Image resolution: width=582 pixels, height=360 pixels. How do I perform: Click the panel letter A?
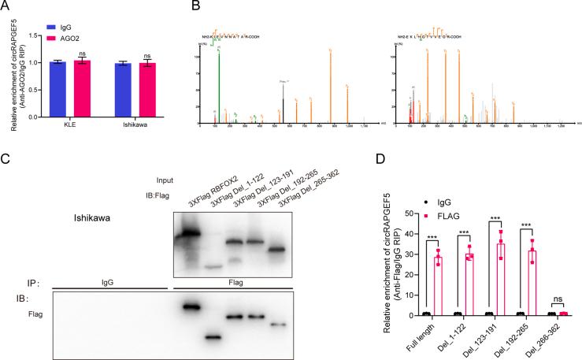tap(6, 8)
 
